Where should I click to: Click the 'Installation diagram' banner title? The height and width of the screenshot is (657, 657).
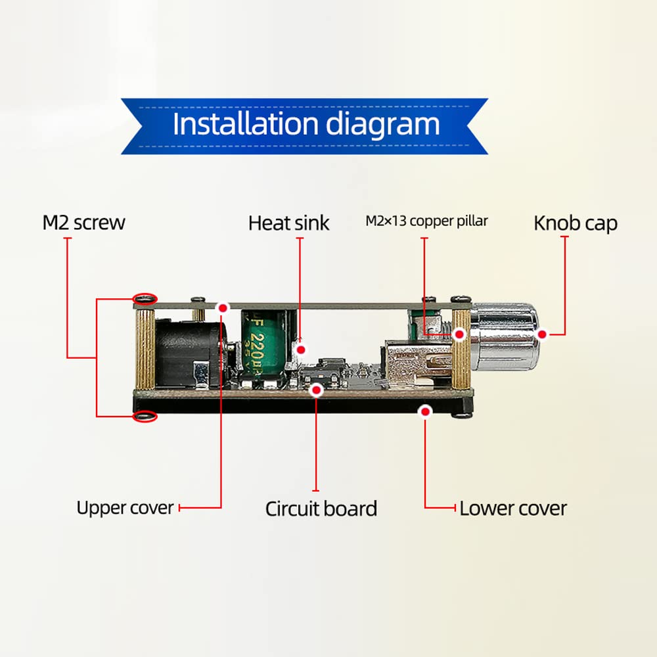306,124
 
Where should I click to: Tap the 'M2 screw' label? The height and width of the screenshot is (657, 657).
84,223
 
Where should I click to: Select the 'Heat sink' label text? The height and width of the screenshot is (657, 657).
288,223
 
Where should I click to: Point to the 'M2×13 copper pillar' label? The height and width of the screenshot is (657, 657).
426,221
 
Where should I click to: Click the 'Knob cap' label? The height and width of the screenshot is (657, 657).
576,223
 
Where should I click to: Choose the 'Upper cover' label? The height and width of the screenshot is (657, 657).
125,508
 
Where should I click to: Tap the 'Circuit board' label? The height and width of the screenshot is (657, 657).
321,509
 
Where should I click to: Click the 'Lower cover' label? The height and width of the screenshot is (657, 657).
513,509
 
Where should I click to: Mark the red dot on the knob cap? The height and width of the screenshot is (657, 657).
542,334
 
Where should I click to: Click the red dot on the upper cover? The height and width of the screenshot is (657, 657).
223,308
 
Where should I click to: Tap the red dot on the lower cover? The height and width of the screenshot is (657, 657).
425,411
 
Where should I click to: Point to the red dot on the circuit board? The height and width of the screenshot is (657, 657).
317,390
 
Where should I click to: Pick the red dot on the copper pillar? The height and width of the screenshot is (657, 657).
460,334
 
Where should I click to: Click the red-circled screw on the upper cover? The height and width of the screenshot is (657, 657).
145,299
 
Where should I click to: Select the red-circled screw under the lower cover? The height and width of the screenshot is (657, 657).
145,417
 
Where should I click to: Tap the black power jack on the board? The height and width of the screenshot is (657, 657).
189,352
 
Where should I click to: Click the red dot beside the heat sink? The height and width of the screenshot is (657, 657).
301,350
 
